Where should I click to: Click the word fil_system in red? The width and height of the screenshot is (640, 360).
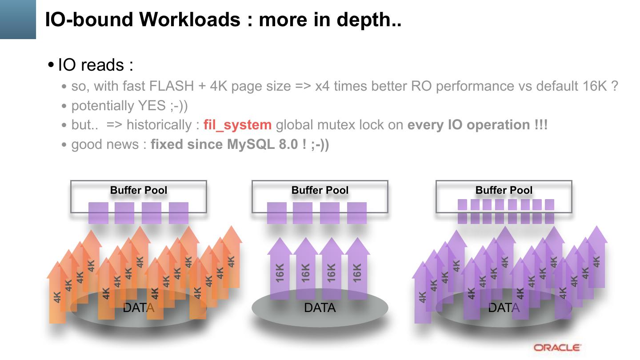pos(237,125)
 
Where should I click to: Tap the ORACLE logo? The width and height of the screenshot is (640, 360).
pos(557,348)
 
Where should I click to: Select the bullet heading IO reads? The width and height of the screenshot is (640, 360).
pos(95,65)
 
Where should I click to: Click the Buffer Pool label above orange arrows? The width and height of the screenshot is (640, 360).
pos(139,190)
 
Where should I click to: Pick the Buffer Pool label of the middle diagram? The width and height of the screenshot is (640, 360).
pos(320,190)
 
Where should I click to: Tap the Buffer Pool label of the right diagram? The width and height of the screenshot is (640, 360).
pos(504,190)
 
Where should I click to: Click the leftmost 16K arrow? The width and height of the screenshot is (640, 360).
pos(280,271)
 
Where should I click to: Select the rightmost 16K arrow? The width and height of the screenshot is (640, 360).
pos(357,271)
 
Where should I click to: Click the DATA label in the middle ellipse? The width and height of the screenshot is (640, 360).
pos(320,308)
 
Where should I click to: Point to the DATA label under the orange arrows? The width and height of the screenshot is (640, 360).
pos(138,308)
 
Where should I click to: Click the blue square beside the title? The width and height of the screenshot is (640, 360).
pos(18,19)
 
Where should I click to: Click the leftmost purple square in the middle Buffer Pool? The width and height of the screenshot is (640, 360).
pos(276,213)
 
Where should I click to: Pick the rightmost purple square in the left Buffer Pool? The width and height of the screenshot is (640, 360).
pos(179,213)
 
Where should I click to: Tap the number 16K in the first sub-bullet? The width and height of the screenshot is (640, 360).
pos(594,86)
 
